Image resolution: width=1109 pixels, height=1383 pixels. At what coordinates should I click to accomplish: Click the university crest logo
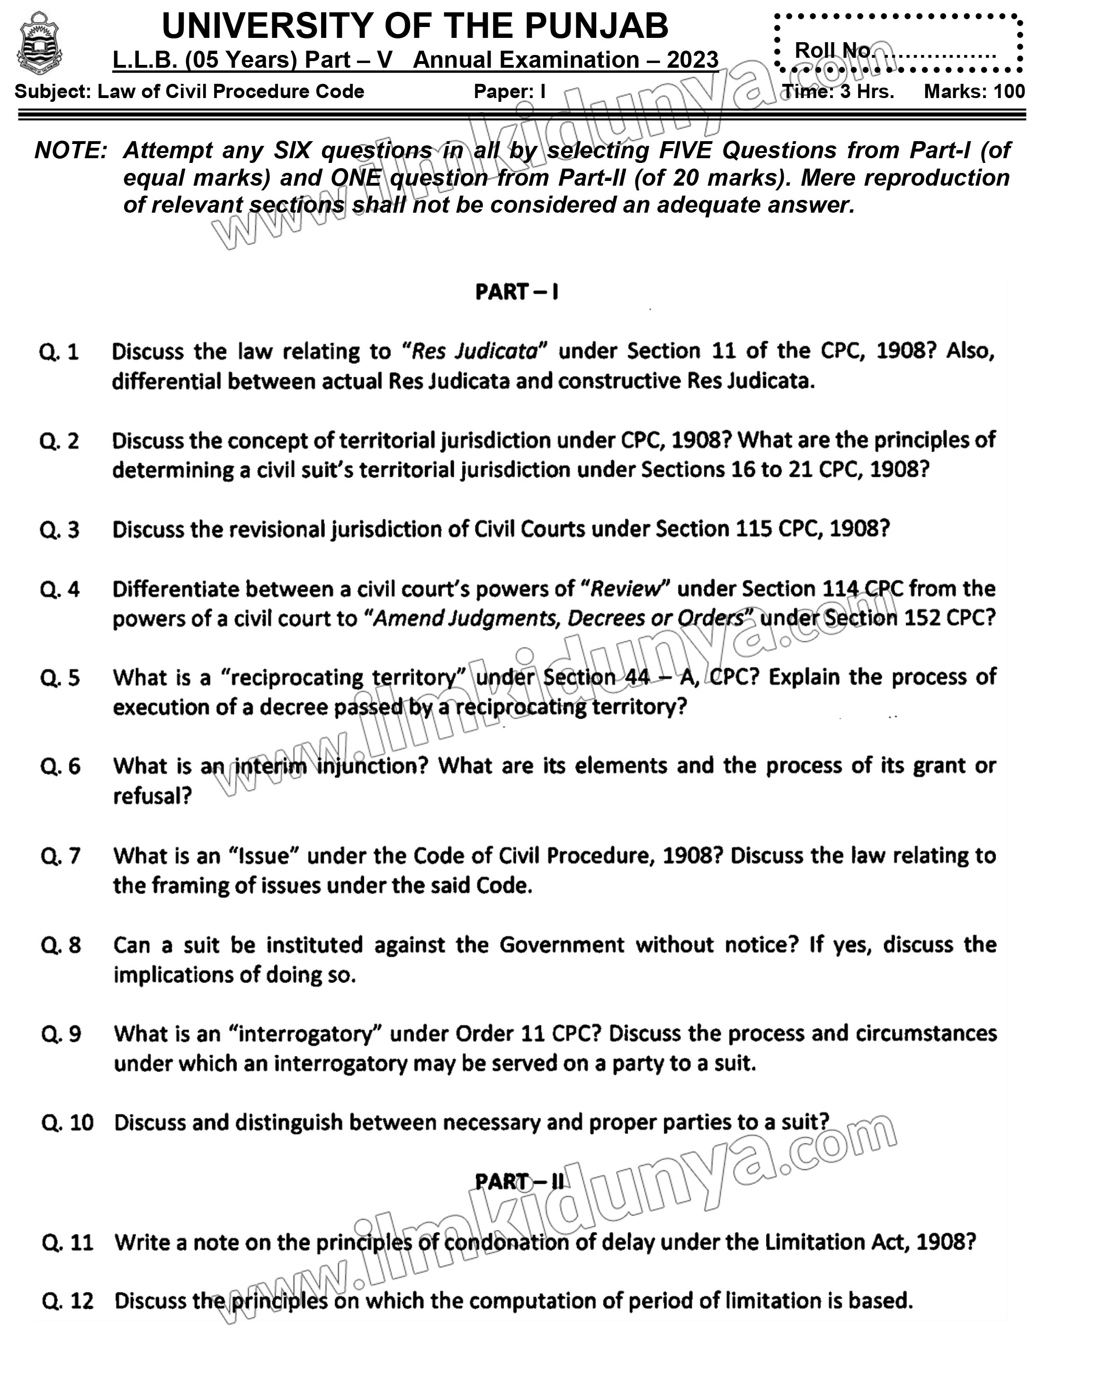coord(40,44)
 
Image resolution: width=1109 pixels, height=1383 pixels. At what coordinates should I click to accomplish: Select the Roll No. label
coord(832,50)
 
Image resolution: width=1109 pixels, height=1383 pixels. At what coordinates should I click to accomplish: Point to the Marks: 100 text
coord(974,92)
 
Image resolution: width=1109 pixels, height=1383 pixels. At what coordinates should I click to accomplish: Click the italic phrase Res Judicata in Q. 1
coord(474,351)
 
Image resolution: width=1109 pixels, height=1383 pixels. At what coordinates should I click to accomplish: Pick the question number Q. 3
coord(60,530)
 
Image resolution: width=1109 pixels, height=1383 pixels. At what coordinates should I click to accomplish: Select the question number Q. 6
coord(60,766)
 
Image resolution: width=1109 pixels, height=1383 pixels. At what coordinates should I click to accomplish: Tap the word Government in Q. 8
coord(561,945)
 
